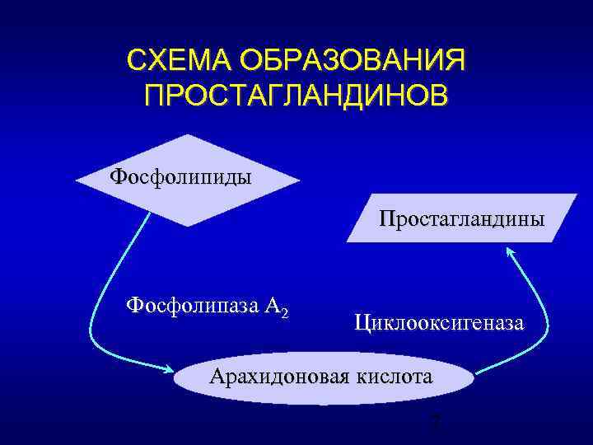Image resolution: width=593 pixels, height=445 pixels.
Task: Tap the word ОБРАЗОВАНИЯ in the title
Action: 349,61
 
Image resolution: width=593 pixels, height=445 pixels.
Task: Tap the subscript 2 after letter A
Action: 284,312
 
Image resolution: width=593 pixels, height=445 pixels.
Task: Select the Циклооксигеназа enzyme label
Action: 438,322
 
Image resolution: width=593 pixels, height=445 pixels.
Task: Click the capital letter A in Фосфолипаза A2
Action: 273,307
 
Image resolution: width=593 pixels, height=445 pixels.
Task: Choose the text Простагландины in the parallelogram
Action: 461,219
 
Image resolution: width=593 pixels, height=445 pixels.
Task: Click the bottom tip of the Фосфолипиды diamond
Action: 190,225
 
